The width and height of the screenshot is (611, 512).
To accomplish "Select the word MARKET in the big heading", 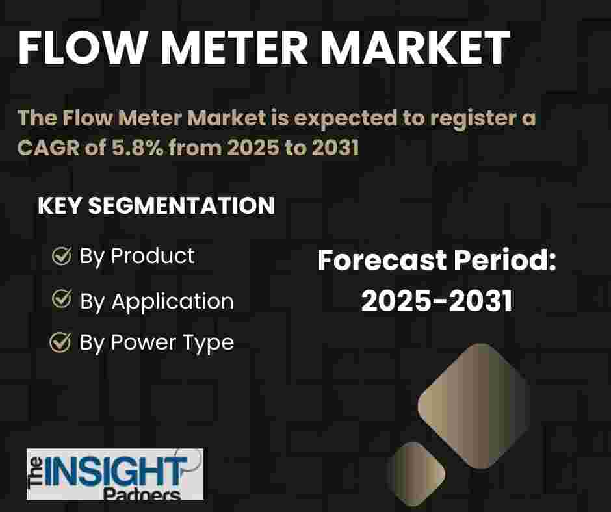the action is pos(415,48).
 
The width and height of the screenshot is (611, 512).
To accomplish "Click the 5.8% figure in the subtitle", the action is pos(137,147).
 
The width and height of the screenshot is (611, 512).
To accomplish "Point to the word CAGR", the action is pos(48,147).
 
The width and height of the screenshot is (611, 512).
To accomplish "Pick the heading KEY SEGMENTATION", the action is pos(156,205).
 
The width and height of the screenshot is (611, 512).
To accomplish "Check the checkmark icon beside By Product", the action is pos(62,255).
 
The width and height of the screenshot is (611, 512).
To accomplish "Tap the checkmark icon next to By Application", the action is pos(62,299).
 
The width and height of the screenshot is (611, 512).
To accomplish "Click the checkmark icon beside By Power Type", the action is pos(61,342).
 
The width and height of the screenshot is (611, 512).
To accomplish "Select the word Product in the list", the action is pos(153,256).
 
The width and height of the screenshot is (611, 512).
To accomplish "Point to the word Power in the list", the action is pos(144,342).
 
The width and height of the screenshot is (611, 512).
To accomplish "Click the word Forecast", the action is pos(382,261).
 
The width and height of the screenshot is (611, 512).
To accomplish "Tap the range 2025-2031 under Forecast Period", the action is pos(437,301).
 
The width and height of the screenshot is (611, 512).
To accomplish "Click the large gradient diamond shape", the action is pos(474,406).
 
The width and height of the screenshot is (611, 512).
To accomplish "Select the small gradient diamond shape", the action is pos(415,473).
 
